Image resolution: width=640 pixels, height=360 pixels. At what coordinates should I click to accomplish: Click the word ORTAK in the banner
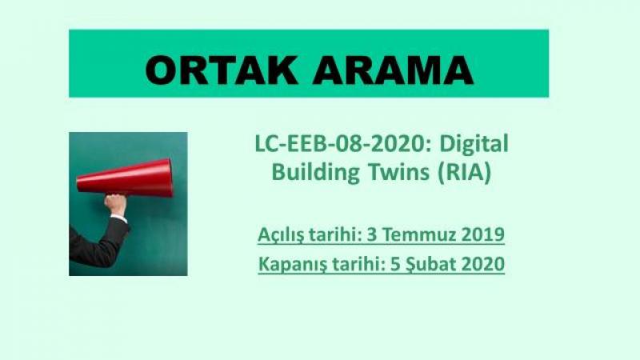click(x=222, y=70)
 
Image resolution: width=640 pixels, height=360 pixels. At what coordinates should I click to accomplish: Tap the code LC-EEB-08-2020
click(x=342, y=144)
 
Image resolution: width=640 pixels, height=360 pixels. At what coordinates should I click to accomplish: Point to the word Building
click(x=315, y=173)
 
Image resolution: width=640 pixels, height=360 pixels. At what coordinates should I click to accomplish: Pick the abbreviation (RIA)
click(x=464, y=172)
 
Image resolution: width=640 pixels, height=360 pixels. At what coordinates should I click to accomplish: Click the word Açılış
click(x=282, y=235)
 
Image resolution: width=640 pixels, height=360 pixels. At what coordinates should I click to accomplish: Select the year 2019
click(x=483, y=234)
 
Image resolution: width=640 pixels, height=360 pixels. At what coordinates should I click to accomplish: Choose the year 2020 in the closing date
click(x=483, y=264)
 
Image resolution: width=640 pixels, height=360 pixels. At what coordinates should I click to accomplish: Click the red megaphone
click(x=125, y=178)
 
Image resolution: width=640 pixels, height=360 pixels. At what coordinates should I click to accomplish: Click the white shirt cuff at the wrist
click(x=118, y=218)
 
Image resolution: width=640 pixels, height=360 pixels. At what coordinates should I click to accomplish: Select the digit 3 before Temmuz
click(x=372, y=235)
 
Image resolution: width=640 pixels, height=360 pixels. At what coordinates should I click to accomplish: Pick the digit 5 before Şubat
click(x=395, y=265)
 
